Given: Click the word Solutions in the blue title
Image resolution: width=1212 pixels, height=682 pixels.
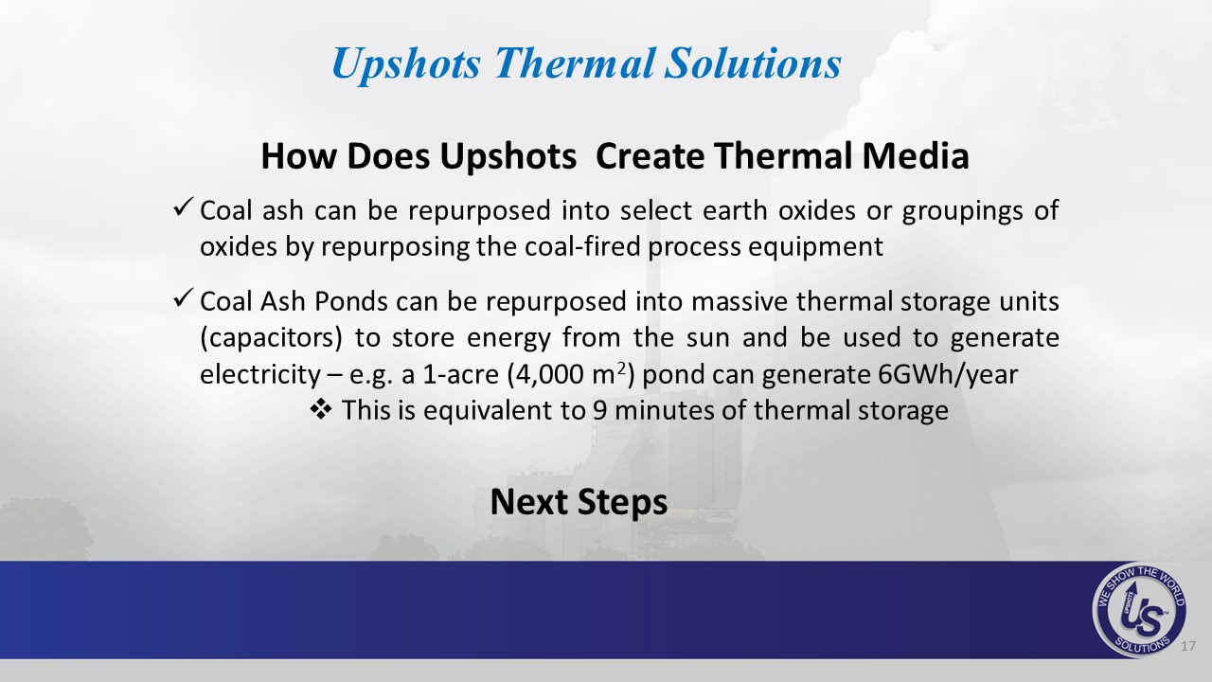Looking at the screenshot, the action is point(753,63).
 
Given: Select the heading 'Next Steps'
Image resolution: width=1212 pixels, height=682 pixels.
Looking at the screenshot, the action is point(579,502).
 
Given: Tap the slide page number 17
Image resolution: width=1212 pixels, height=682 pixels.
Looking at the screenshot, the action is point(1188,646).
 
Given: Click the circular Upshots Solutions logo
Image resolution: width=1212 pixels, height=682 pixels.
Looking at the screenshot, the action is point(1139,609).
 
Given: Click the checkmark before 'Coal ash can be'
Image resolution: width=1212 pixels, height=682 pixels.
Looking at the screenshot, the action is point(184,207).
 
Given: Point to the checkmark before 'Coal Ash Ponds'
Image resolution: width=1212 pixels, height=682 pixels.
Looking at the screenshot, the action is point(184,298).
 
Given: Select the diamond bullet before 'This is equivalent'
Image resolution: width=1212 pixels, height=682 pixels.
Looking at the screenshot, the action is point(321,409).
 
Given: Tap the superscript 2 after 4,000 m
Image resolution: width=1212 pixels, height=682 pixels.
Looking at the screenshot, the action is point(622,368).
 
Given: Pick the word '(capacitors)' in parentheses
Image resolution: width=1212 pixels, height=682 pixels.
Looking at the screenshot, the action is point(271,338).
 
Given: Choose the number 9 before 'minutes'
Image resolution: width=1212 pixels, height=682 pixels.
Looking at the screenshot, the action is point(599,410).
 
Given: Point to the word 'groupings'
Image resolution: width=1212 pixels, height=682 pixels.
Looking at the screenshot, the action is point(963,210).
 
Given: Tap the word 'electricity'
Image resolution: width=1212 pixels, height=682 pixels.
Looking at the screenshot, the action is point(260,374).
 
